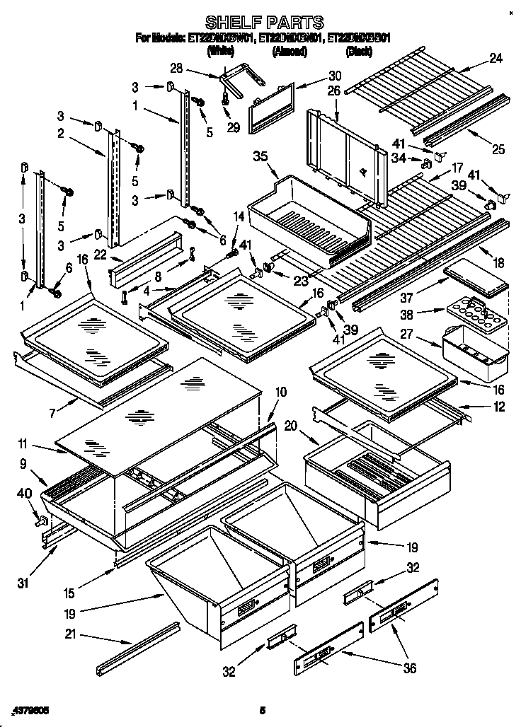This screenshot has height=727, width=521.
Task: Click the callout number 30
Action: click(334, 76)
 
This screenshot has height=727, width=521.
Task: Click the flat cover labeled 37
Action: click(476, 281)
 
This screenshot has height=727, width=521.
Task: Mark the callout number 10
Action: click(281, 391)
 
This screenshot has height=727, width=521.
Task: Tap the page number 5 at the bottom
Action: click(262, 709)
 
